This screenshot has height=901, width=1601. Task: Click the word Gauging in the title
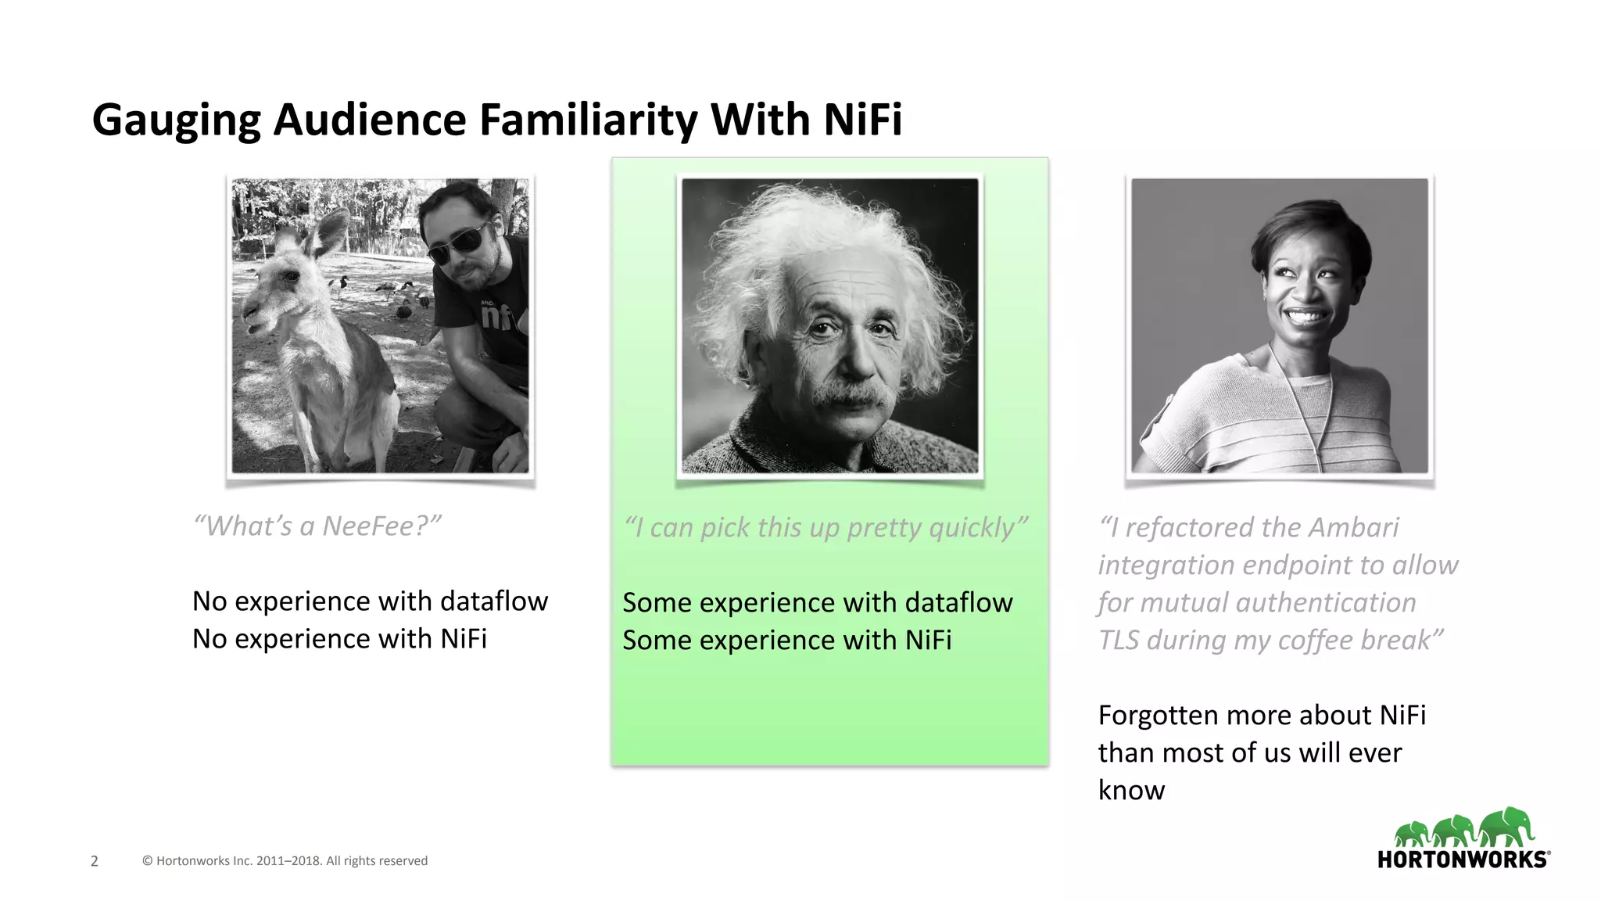point(176,121)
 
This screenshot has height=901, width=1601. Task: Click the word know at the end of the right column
point(1131,790)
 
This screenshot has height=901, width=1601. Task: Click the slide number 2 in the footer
point(95,861)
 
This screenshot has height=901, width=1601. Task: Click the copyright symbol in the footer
point(147,861)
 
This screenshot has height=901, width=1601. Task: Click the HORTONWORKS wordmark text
point(1461,860)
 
